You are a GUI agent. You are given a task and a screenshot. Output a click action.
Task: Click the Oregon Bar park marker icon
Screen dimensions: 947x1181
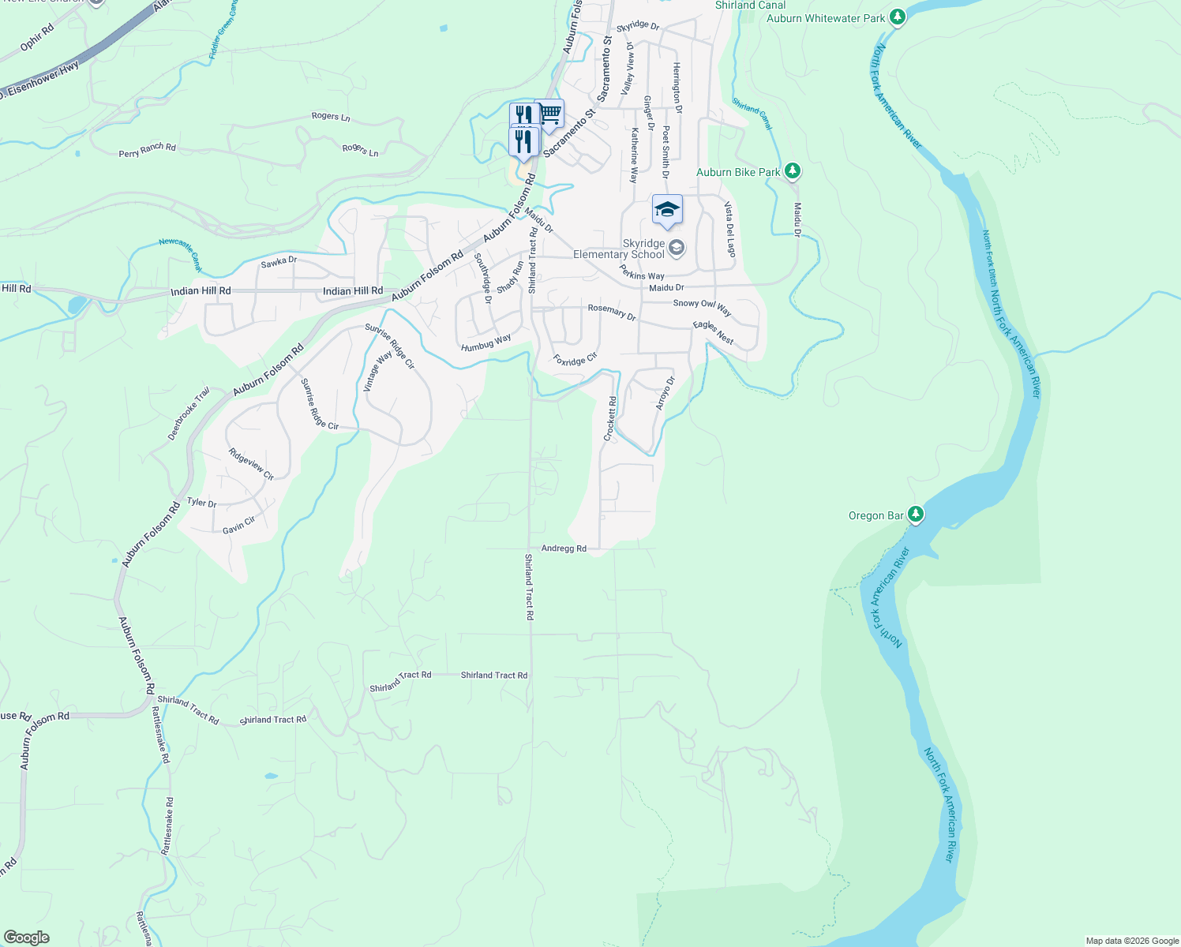pyautogui.click(x=915, y=515)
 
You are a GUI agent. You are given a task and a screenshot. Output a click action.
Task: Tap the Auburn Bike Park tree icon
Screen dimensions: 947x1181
pyautogui.click(x=793, y=171)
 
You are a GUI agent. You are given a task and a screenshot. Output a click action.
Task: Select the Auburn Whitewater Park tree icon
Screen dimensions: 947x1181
pyautogui.click(x=897, y=17)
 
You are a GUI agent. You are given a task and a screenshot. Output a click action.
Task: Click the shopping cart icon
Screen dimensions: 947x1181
pyautogui.click(x=550, y=114)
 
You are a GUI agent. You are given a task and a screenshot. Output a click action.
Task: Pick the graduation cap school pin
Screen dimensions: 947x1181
pyautogui.click(x=667, y=209)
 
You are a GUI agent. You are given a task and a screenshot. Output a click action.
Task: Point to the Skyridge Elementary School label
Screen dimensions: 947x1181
pyautogui.click(x=620, y=249)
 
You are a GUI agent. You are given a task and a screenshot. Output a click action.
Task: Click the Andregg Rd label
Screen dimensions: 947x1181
pyautogui.click(x=564, y=548)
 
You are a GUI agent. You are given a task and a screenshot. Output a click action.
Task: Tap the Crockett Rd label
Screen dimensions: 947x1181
pyautogui.click(x=610, y=419)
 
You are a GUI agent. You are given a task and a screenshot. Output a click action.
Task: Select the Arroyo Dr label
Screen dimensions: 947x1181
pyautogui.click(x=665, y=393)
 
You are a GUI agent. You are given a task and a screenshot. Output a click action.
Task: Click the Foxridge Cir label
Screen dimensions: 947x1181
pyautogui.click(x=575, y=360)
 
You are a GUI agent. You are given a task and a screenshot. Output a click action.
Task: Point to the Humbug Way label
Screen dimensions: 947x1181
pyautogui.click(x=486, y=343)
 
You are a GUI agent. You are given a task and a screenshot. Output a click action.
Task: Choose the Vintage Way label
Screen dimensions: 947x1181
pyautogui.click(x=377, y=372)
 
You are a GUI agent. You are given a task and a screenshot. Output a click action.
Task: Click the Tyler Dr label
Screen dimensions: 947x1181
pyautogui.click(x=201, y=503)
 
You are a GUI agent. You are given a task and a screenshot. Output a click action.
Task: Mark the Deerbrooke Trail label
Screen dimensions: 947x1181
pyautogui.click(x=189, y=414)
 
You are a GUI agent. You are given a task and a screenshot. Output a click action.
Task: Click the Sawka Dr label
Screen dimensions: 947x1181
pyautogui.click(x=279, y=262)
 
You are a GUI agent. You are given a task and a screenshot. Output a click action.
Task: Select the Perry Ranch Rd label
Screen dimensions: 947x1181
pyautogui.click(x=147, y=150)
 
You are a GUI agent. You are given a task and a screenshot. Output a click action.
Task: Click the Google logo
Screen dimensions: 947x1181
pyautogui.click(x=26, y=938)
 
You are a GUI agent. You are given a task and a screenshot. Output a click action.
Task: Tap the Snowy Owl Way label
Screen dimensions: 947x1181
pyautogui.click(x=702, y=307)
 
